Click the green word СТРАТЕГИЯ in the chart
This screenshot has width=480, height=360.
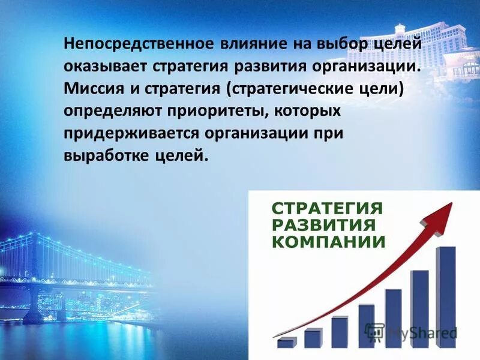coord(327,209)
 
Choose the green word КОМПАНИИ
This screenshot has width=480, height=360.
coord(328,242)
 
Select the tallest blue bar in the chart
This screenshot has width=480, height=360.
coord(446,297)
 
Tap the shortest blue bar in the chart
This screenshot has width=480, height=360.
coord(286,343)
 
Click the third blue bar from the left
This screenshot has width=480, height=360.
coord(340,332)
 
